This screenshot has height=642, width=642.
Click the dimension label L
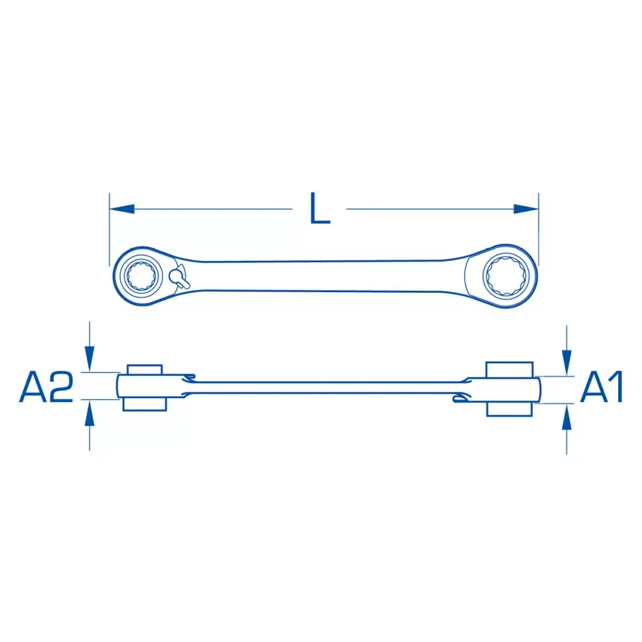320,208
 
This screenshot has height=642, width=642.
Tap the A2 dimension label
46,386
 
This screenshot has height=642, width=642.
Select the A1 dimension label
601,386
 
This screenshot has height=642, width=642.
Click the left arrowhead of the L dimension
122,209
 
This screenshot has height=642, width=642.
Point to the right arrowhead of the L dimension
526,209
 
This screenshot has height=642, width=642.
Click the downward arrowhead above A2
89,359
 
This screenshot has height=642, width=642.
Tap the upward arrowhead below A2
89,413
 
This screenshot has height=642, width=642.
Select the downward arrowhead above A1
567,363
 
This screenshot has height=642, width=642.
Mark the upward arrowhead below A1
567,417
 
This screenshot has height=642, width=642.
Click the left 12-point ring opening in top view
141,276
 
